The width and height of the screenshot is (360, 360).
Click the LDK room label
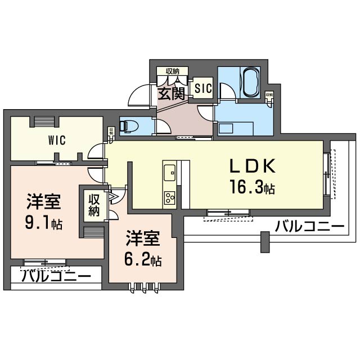(x=251, y=167)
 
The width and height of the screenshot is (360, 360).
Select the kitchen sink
(x=169, y=171)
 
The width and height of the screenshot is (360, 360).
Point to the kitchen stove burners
(x=169, y=197)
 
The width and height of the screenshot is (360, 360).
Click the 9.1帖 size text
(x=44, y=224)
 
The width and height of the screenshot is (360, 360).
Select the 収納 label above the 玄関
(x=172, y=71)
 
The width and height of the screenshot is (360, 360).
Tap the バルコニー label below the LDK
(x=309, y=227)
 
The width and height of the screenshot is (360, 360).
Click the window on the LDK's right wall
(x=327, y=174)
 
